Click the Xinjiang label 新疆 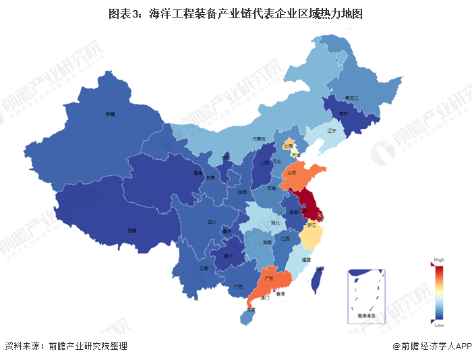pos(110,115)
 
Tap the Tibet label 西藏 pos(132,231)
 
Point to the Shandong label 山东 pos(293,173)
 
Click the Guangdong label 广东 pos(268,278)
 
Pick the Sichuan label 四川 pos(210,221)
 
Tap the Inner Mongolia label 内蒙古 pos(259,138)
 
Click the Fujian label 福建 pos(307,258)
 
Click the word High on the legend pos(439,260)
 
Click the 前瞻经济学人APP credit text pos(432,346)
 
